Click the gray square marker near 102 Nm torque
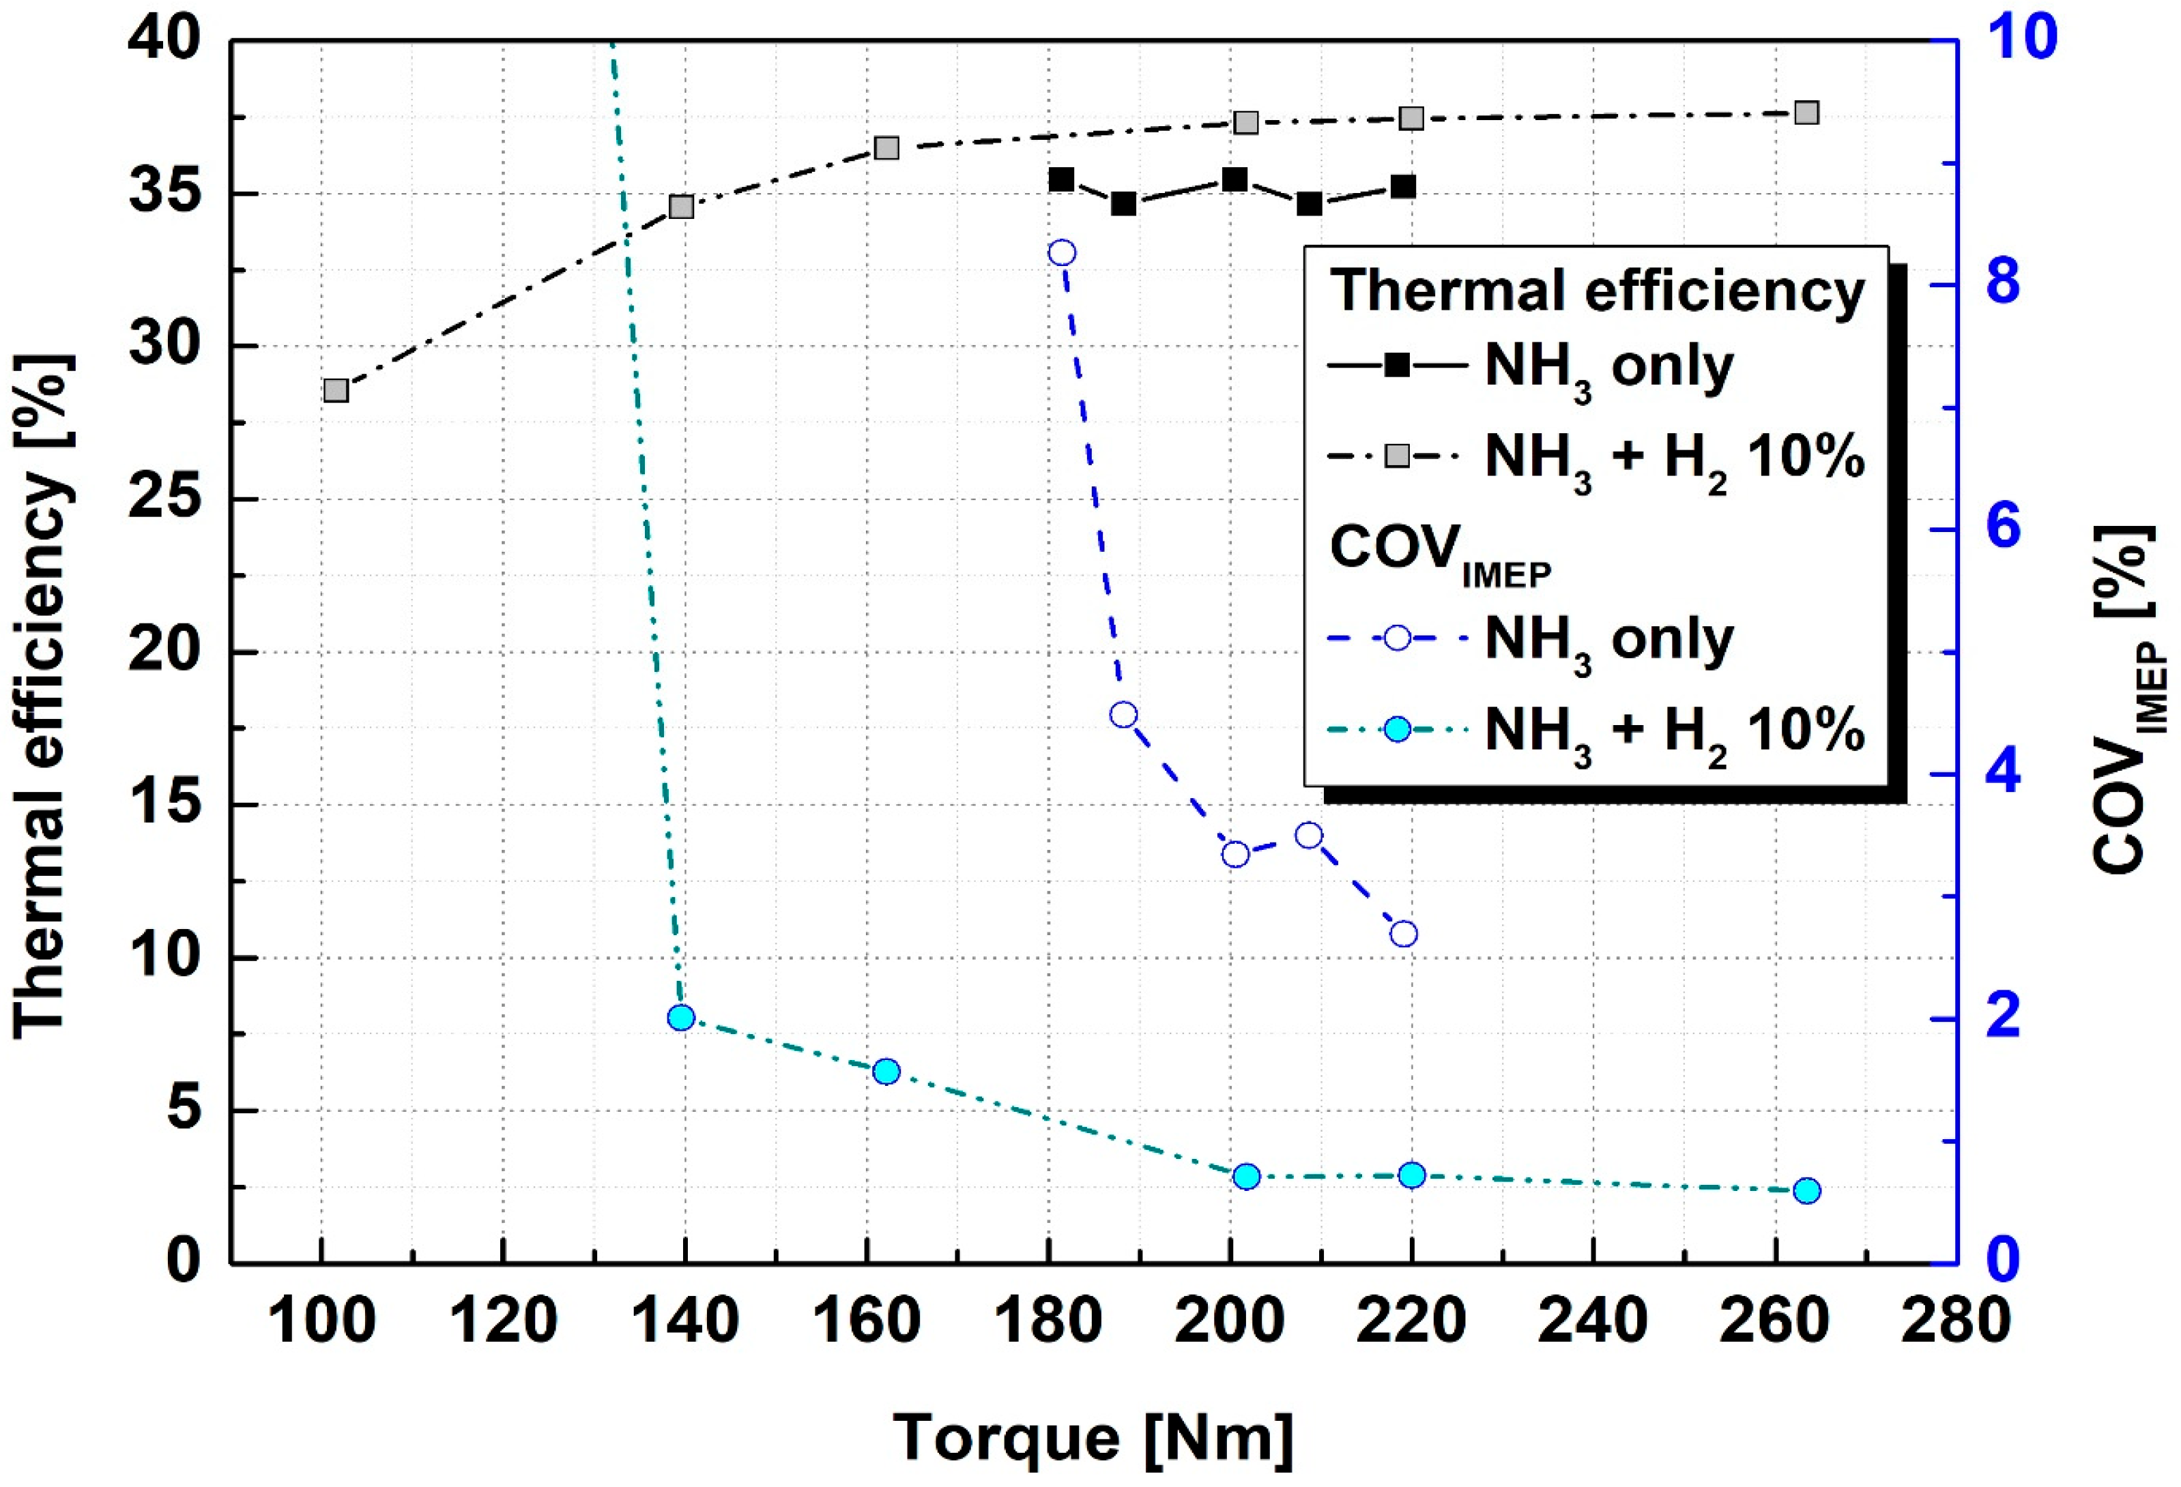coord(336,390)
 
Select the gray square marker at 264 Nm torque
coord(1806,113)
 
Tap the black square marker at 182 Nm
coord(1061,179)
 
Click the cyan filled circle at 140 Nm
coord(681,1018)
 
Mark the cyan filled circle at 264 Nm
coord(1806,1190)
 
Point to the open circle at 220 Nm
coord(1404,934)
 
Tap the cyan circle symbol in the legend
coord(1398,729)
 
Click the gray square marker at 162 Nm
coord(886,148)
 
